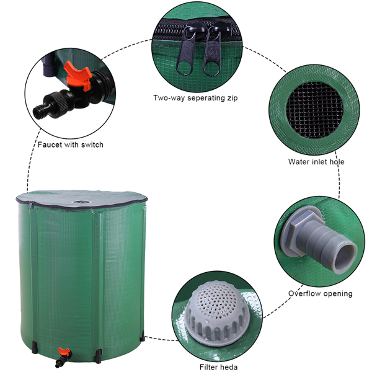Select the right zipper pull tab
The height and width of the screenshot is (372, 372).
point(212,53)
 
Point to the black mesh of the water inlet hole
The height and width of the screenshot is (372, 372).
point(314,110)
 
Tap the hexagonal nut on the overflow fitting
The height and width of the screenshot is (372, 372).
point(302,229)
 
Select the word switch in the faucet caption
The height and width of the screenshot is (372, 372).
point(92,144)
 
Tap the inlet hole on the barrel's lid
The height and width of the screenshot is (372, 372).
point(81,202)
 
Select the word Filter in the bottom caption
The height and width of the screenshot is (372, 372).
point(208,367)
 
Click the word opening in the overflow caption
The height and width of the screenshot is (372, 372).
point(338,294)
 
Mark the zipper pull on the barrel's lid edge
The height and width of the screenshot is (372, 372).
point(30,205)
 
